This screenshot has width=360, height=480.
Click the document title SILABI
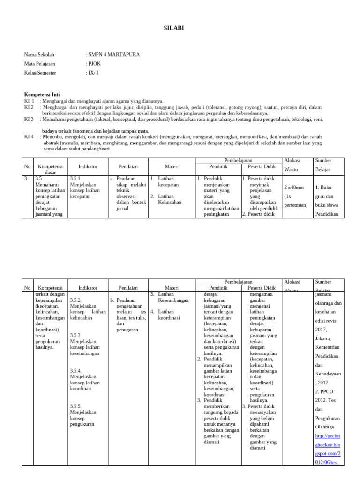[174, 28]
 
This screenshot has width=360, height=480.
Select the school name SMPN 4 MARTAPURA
[113, 55]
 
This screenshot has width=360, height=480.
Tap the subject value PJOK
[93, 64]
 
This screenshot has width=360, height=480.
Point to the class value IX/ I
[92, 73]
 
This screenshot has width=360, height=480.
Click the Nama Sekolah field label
[39, 55]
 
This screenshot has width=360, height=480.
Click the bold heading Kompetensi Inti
[42, 94]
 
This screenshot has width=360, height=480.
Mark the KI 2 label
[29, 107]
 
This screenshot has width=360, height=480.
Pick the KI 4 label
[29, 136]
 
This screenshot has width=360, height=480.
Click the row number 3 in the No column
[26, 179]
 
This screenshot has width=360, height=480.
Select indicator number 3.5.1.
[76, 179]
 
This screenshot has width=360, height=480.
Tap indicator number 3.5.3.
[76, 335]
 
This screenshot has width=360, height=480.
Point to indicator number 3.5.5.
[76, 406]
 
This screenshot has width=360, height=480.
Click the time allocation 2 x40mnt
[294, 187]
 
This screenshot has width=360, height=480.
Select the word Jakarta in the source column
[323, 338]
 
